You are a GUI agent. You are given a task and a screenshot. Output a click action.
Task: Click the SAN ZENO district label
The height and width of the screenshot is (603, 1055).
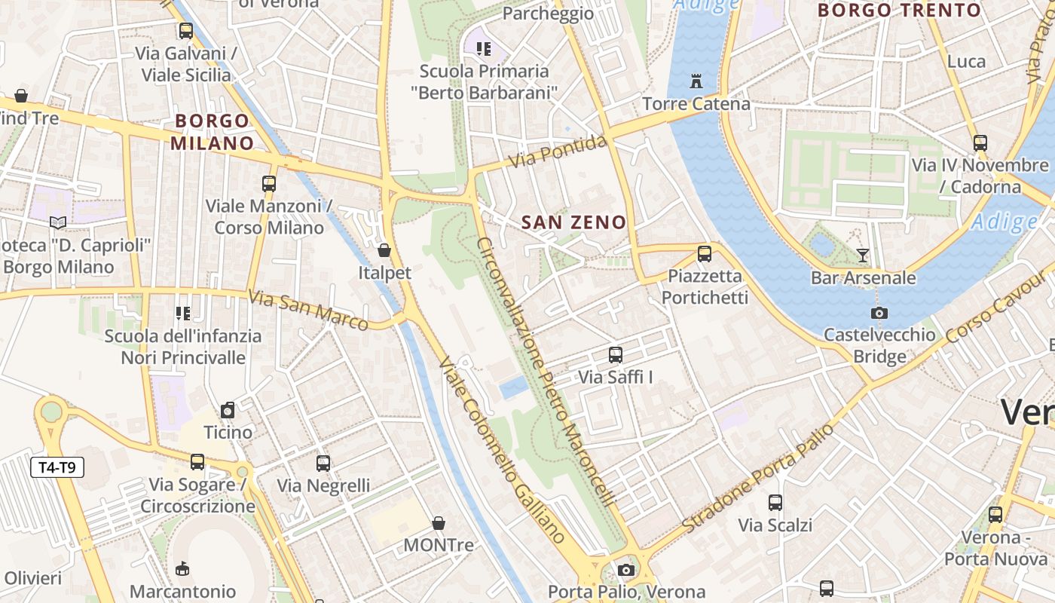tap(573, 222)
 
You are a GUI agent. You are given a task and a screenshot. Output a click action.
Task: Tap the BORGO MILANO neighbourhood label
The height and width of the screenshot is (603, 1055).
tap(212, 132)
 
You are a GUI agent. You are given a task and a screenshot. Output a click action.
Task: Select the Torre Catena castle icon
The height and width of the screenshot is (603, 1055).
tap(696, 81)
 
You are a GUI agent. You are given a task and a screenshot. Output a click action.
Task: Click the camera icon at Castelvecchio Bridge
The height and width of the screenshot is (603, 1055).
tap(879, 313)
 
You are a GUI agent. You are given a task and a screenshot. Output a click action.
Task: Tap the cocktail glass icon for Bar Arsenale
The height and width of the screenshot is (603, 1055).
tap(863, 256)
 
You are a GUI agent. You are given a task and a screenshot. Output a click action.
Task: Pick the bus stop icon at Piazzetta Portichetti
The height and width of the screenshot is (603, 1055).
tap(705, 254)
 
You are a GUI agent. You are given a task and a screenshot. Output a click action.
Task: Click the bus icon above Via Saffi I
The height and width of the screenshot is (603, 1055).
tap(616, 355)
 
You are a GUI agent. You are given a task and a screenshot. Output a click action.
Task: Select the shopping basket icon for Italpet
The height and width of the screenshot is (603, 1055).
tap(384, 250)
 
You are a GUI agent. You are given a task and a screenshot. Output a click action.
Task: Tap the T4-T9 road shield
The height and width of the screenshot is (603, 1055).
tap(57, 468)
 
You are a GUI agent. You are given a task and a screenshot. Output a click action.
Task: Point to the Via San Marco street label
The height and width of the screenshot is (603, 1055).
tap(308, 310)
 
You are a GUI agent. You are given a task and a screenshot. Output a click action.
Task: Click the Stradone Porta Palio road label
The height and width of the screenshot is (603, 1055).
tap(758, 478)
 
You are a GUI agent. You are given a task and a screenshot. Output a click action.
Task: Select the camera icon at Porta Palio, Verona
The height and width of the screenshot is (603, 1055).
tap(626, 571)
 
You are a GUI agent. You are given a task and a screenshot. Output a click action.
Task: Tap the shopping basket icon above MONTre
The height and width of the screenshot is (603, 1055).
tap(439, 523)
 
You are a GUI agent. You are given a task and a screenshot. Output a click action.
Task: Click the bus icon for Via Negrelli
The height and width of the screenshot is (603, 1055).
tap(323, 464)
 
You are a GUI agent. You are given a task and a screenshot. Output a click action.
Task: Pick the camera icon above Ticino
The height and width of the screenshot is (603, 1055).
tap(228, 410)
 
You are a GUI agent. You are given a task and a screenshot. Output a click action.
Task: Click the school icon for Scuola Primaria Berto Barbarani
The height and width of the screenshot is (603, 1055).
tap(484, 49)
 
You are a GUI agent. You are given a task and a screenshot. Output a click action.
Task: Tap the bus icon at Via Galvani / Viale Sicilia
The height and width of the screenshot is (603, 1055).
tap(186, 31)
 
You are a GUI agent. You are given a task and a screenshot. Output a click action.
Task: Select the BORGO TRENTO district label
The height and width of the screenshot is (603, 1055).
tap(899, 11)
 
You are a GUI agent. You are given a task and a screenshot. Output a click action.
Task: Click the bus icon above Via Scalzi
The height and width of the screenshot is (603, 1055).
tap(775, 503)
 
